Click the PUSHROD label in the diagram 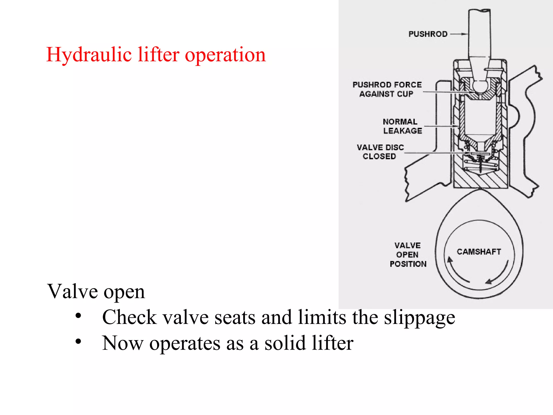[x=428, y=34]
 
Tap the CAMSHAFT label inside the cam [x=479, y=252]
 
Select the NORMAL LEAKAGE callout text [x=402, y=126]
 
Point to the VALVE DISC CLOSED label [x=380, y=152]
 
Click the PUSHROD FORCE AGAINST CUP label [x=387, y=89]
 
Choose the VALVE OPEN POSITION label [x=408, y=255]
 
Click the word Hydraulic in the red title [x=89, y=55]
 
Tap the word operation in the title [x=225, y=55]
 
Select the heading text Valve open [x=96, y=292]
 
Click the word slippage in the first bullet [x=420, y=318]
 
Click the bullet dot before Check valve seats [x=78, y=316]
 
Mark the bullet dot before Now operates [x=78, y=342]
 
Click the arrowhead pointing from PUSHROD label [x=465, y=34]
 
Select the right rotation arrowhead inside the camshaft [x=488, y=282]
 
